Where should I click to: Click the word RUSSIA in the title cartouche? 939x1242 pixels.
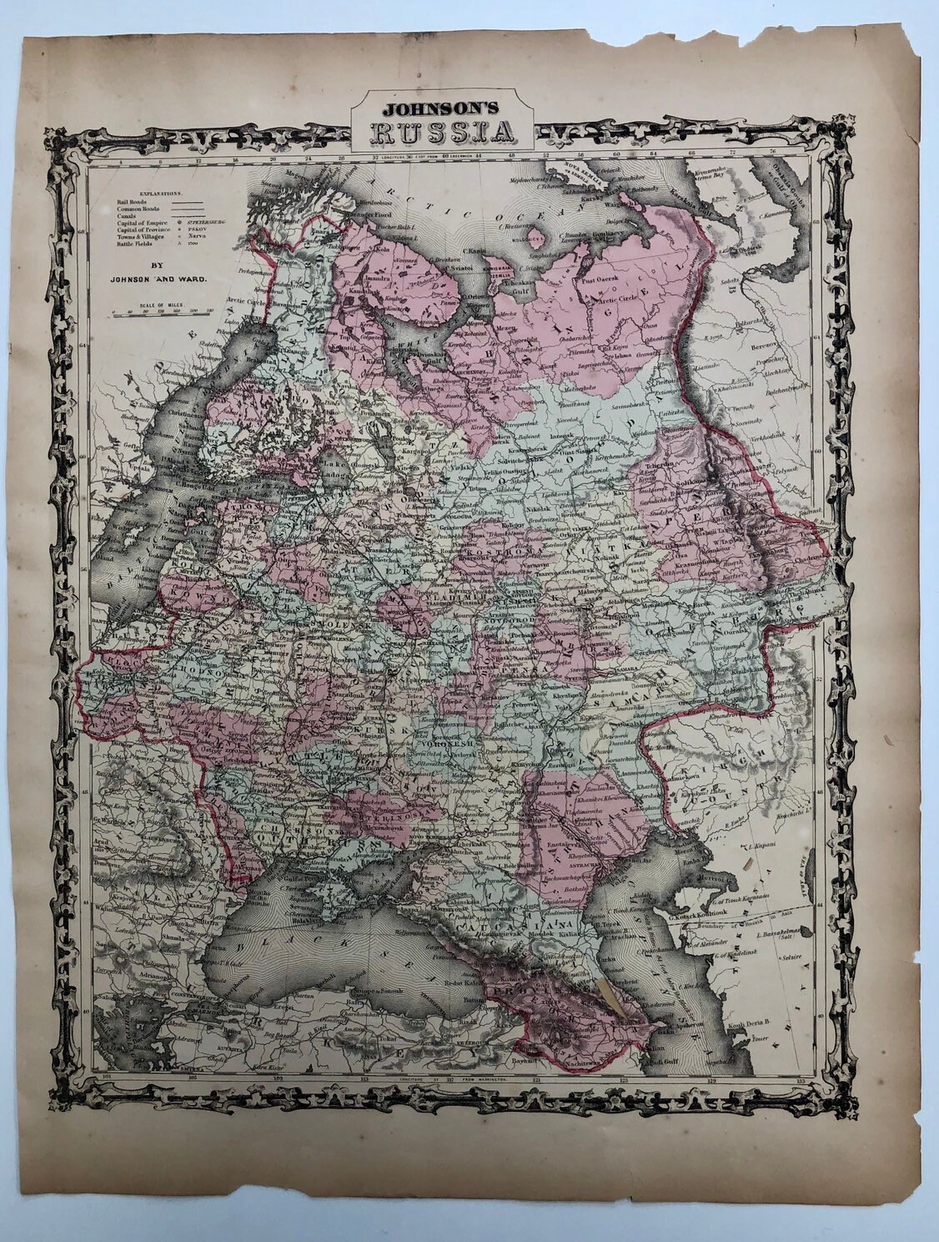point(441,132)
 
